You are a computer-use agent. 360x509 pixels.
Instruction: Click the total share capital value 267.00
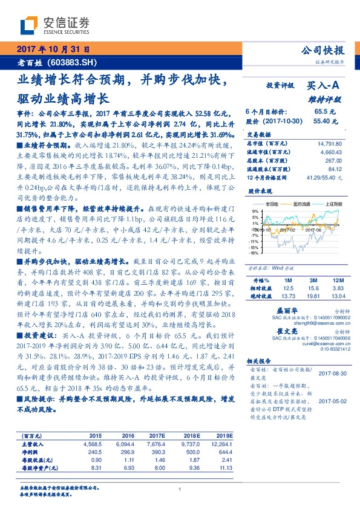point(334,161)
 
